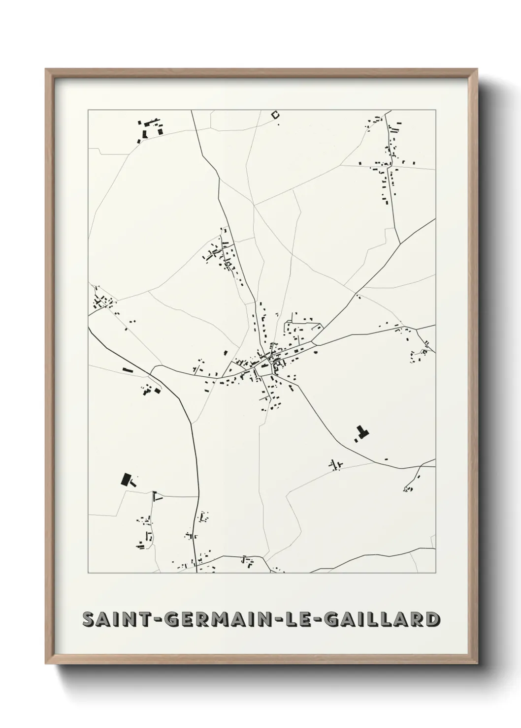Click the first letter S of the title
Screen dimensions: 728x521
[x=89, y=619]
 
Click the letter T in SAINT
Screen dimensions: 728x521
[x=143, y=619]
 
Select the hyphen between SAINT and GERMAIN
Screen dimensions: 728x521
[x=158, y=619]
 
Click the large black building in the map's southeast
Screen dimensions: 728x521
[x=362, y=433]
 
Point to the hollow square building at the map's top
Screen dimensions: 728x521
[x=275, y=115]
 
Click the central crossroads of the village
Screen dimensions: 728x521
[x=266, y=363]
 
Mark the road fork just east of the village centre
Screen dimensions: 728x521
[x=314, y=343]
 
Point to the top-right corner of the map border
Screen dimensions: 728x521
[x=435, y=110]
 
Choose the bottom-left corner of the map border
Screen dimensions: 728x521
[x=88, y=573]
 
